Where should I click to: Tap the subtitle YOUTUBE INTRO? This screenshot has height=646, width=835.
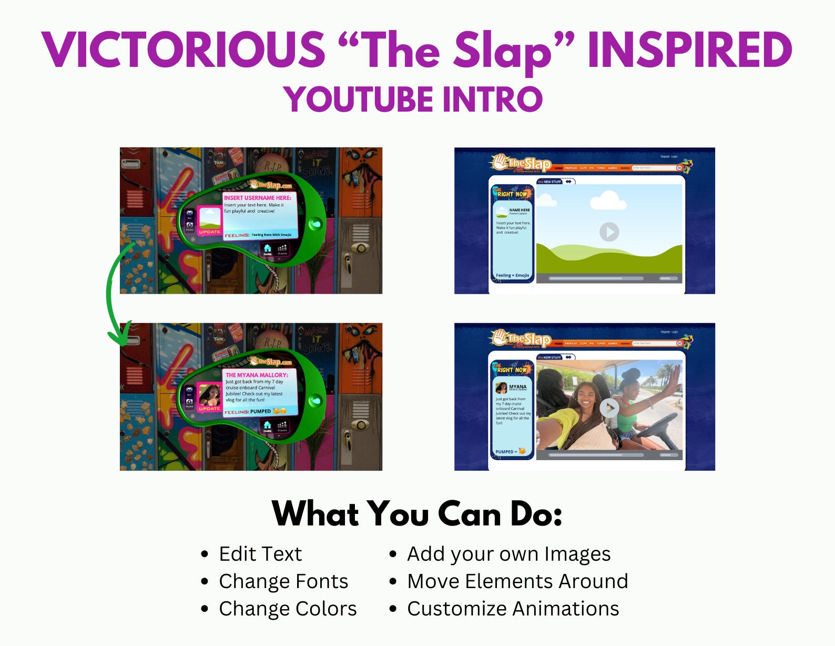(413, 100)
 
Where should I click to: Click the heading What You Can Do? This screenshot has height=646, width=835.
(417, 514)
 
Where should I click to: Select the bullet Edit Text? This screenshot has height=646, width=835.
(260, 554)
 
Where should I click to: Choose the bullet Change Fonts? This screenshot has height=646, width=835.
(283, 581)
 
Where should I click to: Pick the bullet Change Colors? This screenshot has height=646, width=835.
(288, 609)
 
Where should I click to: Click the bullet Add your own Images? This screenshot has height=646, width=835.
(508, 554)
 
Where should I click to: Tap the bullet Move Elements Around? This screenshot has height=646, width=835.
(517, 581)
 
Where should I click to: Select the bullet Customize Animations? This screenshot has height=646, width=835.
(513, 609)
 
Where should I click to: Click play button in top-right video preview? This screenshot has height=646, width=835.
(609, 232)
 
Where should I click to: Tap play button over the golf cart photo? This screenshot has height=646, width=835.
(609, 408)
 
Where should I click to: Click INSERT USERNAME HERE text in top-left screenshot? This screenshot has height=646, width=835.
(257, 198)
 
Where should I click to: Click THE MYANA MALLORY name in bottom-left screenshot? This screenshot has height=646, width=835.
(257, 375)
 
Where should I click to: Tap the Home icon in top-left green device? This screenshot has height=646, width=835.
(267, 249)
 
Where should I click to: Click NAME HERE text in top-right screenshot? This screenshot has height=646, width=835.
(520, 210)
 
